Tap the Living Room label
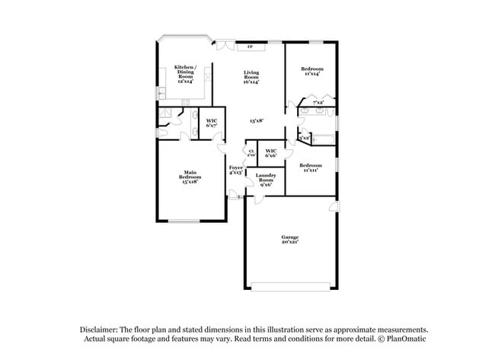point(251,77)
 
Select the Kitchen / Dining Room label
point(185,73)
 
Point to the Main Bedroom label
point(190,177)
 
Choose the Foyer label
point(235,170)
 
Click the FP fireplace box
point(251,47)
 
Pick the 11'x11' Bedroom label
point(310,168)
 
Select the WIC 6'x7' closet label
point(211,123)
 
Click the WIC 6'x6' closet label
point(270,153)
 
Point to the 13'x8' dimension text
point(257,120)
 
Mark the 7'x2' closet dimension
point(318,102)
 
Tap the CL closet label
point(251,153)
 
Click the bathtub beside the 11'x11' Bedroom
point(324,139)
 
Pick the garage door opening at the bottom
point(290,286)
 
